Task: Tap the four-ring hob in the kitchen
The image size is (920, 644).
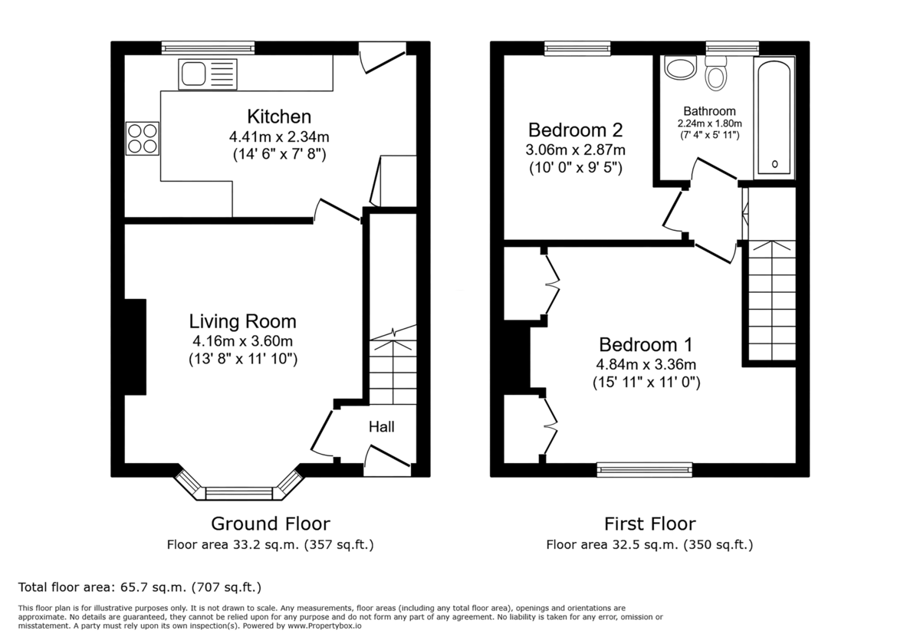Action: click(142, 139)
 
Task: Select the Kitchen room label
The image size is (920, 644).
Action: click(279, 117)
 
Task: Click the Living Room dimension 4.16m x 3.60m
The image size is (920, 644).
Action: click(243, 341)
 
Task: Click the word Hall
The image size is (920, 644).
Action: click(381, 426)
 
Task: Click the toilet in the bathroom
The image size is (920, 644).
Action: click(717, 75)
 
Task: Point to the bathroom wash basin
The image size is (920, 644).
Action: click(679, 69)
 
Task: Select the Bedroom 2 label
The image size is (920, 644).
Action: click(575, 130)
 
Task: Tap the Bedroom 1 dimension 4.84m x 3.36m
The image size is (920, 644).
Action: click(646, 364)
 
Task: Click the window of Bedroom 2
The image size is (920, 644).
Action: click(577, 48)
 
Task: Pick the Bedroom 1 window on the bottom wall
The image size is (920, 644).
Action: click(645, 470)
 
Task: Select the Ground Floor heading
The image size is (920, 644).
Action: click(270, 524)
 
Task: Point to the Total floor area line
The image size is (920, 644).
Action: click(140, 587)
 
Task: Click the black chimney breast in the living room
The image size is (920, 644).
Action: click(135, 347)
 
